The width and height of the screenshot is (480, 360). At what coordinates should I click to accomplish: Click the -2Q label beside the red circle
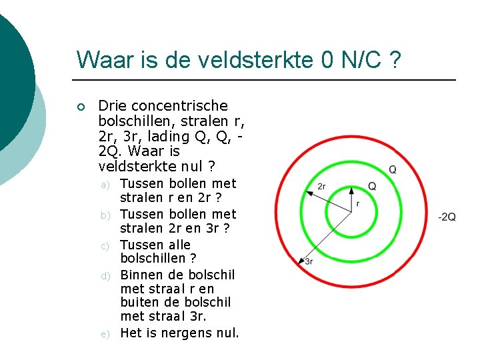point(447,217)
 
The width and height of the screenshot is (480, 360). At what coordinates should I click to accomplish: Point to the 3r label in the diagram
point(308,262)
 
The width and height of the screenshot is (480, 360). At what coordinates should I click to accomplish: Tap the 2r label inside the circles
point(321,186)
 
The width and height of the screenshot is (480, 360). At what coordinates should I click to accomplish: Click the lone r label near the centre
point(358,203)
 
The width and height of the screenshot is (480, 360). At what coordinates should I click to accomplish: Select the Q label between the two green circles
point(371,186)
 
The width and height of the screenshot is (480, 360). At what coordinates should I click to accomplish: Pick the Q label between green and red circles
point(393,169)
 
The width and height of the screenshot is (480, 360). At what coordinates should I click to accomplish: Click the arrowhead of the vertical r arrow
point(351,186)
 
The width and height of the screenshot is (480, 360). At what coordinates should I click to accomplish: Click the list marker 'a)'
point(105,184)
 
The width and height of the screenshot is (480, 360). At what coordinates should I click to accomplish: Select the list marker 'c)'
point(105,246)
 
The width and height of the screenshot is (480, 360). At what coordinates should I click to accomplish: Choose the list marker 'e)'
point(105,333)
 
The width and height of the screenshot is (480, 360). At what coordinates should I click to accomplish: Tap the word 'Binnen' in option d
point(141,275)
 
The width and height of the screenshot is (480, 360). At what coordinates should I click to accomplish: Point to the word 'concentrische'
point(180,105)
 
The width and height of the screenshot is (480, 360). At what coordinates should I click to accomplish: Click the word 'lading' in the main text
point(155,136)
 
